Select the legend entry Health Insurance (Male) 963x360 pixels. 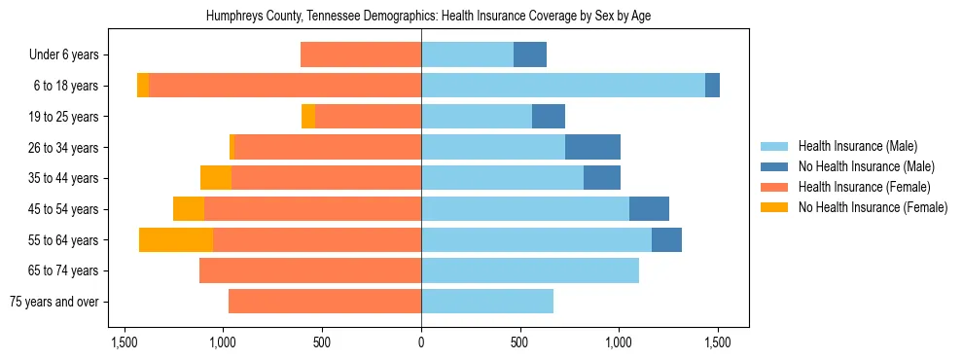857,146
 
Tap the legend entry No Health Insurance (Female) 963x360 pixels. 873,207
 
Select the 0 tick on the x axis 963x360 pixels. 421,342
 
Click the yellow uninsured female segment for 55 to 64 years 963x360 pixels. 176,240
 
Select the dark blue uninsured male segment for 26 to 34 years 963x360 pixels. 592,148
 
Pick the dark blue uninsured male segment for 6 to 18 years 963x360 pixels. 712,86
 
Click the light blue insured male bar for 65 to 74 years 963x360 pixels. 530,270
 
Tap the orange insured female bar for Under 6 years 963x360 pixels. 361,54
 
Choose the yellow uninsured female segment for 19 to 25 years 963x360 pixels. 308,117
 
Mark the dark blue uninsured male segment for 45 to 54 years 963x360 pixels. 649,209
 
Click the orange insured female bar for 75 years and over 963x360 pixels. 325,302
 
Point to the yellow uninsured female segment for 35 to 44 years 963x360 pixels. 216,178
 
